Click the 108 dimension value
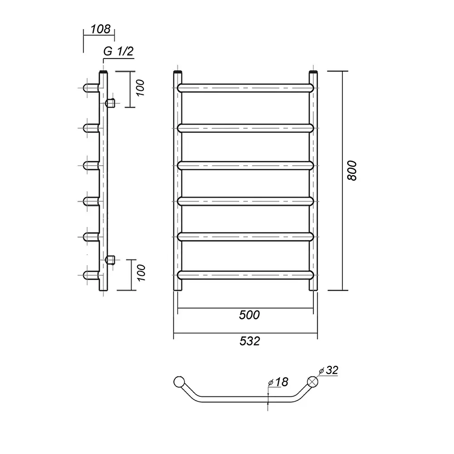pyautogui.click(x=100, y=29)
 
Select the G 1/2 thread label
pyautogui.click(x=118, y=51)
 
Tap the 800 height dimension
pyautogui.click(x=352, y=171)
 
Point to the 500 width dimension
pyautogui.click(x=249, y=315)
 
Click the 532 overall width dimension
pyautogui.click(x=250, y=341)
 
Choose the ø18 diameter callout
pyautogui.click(x=278, y=382)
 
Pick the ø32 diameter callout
pyautogui.click(x=329, y=370)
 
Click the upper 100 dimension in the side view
pyautogui.click(x=140, y=88)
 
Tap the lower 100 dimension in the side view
pyautogui.click(x=141, y=273)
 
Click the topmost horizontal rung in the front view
pyautogui.click(x=246, y=88)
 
